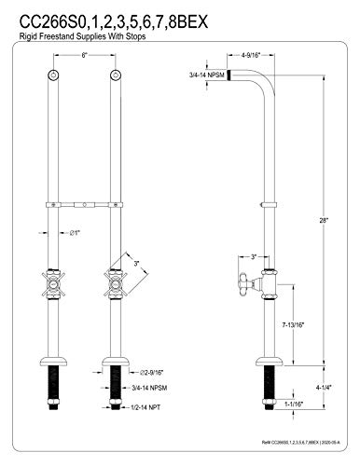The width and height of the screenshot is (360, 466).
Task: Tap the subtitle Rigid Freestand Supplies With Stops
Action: coord(87,36)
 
